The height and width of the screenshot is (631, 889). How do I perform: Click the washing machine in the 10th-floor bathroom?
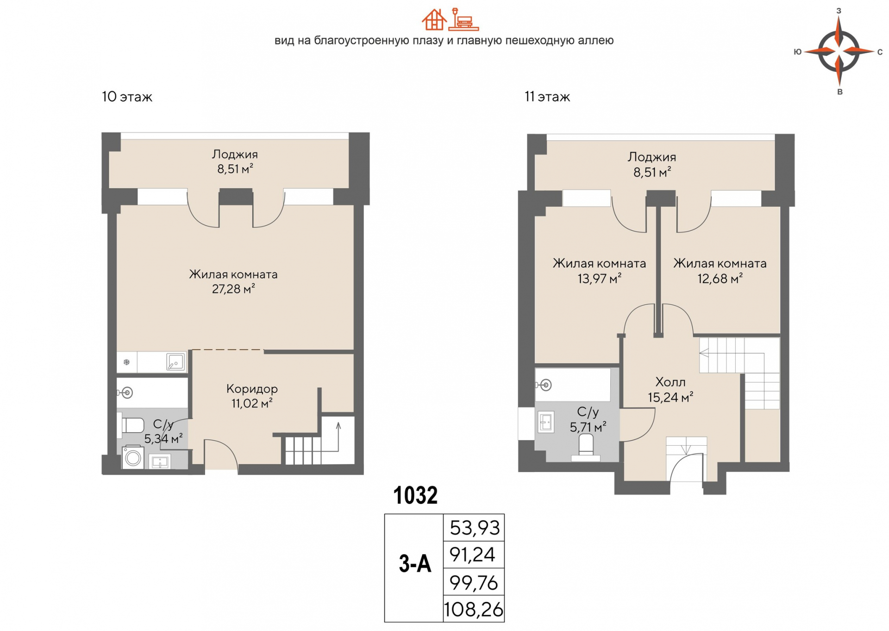[x=133, y=457]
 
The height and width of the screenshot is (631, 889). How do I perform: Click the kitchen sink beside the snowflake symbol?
[x=175, y=362]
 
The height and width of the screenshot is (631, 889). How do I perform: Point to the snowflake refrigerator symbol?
[x=126, y=362]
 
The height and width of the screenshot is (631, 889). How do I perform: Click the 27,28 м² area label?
[x=233, y=289]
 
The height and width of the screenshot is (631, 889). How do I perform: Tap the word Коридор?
[x=252, y=389]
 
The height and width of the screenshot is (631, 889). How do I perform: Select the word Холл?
[x=670, y=382]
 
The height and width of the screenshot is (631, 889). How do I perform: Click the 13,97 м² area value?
[x=599, y=278]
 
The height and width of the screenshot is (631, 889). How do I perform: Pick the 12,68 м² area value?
[x=720, y=278]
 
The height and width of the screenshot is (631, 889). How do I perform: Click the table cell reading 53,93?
[x=474, y=527]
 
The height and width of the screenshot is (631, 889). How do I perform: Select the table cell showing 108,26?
[x=474, y=609]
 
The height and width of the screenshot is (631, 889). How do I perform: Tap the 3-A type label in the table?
[x=415, y=564]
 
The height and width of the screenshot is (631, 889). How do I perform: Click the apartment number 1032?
[x=415, y=495]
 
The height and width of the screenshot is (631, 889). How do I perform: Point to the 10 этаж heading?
[x=127, y=97]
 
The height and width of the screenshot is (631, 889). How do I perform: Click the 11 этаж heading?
[x=547, y=97]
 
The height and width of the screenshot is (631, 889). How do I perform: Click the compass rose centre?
[x=839, y=51]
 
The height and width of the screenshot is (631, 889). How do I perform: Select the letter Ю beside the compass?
[x=797, y=52]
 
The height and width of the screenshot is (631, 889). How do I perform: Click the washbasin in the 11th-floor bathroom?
[x=546, y=422]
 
